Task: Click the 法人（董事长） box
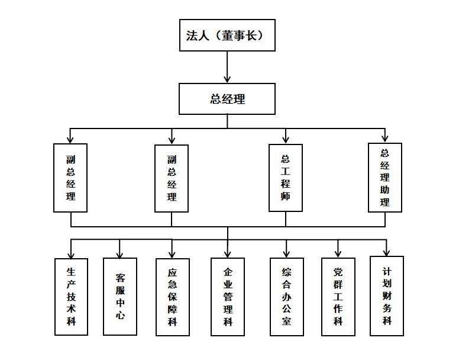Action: tap(227, 36)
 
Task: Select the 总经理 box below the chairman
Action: tap(227, 99)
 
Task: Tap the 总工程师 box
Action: tap(286, 178)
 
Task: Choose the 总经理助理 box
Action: tap(385, 178)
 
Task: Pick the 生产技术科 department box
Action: tap(71, 296)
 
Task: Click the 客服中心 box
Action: tap(120, 296)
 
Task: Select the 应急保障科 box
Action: tap(173, 297)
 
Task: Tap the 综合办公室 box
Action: tap(286, 297)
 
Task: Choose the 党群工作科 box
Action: tap(338, 297)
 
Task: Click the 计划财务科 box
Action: tap(387, 295)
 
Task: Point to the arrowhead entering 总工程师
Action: tap(286, 140)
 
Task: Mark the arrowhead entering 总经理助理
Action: tap(385, 139)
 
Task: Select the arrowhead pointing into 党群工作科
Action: tap(338, 253)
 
